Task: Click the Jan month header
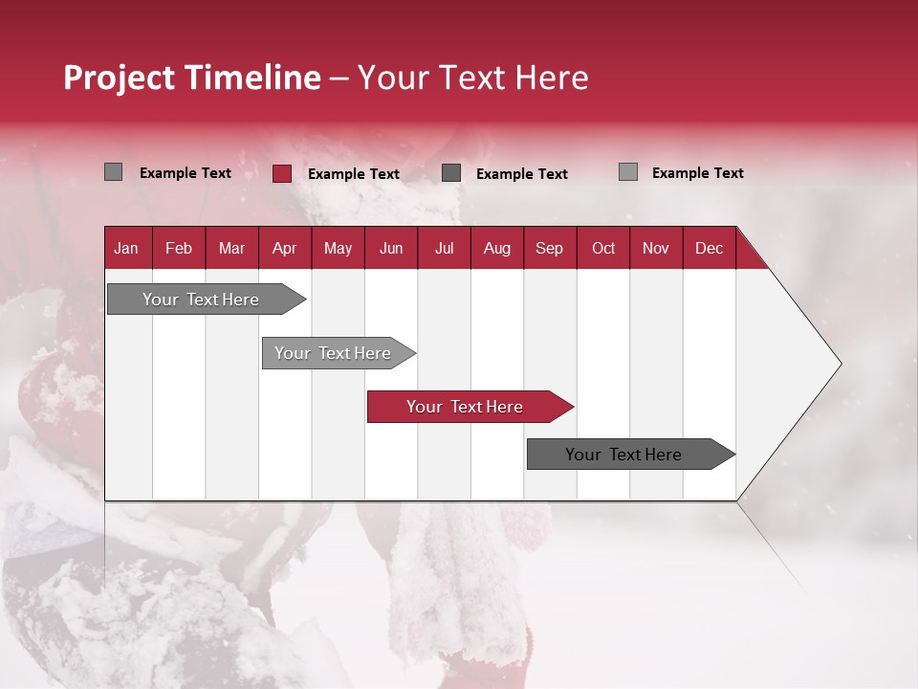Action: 126,248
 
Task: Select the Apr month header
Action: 285,248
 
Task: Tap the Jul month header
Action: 444,248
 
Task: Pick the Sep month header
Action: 549,248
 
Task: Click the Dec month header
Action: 709,248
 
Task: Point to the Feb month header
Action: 179,248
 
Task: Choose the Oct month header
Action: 603,248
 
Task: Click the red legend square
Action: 281,173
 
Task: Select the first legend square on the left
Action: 113,172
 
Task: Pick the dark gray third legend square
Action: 451,173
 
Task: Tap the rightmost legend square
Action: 627,172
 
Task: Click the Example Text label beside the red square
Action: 353,174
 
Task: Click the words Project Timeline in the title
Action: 191,78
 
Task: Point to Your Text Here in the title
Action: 472,78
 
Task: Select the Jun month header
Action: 391,248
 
